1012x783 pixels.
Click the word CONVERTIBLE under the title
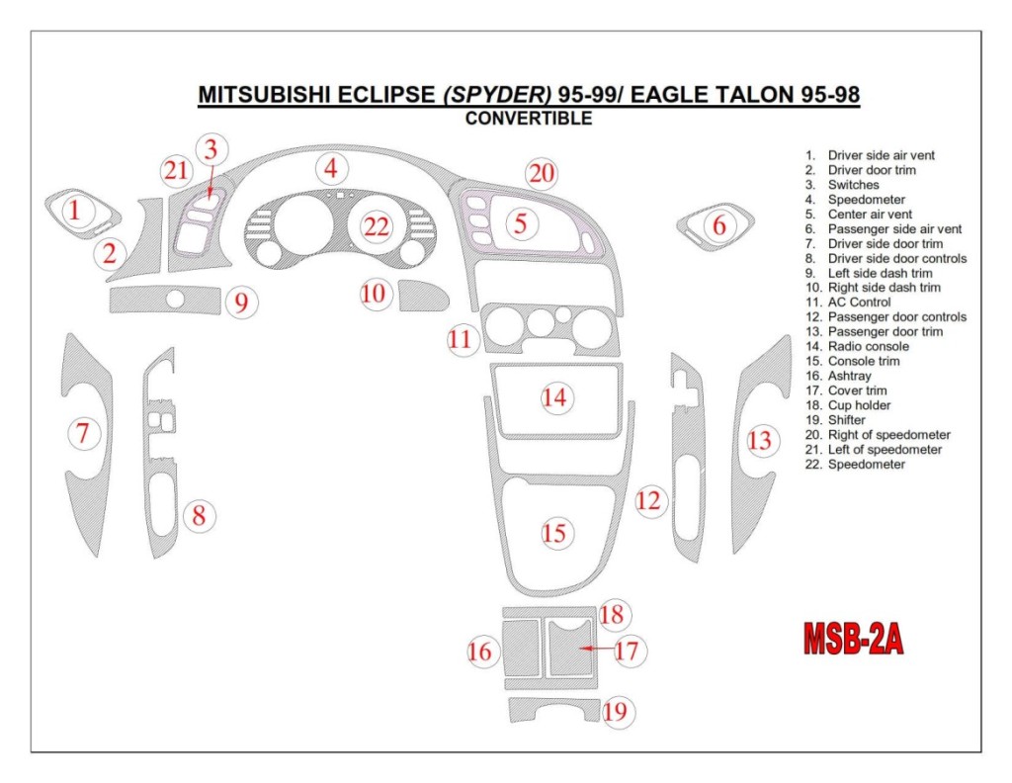pyautogui.click(x=529, y=119)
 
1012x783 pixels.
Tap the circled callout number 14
pyautogui.click(x=555, y=397)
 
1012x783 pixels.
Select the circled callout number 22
pyautogui.click(x=377, y=226)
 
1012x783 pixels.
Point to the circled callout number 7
pyautogui.click(x=83, y=432)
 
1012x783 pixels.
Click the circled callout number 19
pyautogui.click(x=615, y=711)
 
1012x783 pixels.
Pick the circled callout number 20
pyautogui.click(x=541, y=174)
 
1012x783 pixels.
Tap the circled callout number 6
pyautogui.click(x=719, y=225)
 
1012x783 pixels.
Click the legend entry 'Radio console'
pyautogui.click(x=868, y=347)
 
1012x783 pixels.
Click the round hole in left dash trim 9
pyautogui.click(x=175, y=299)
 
